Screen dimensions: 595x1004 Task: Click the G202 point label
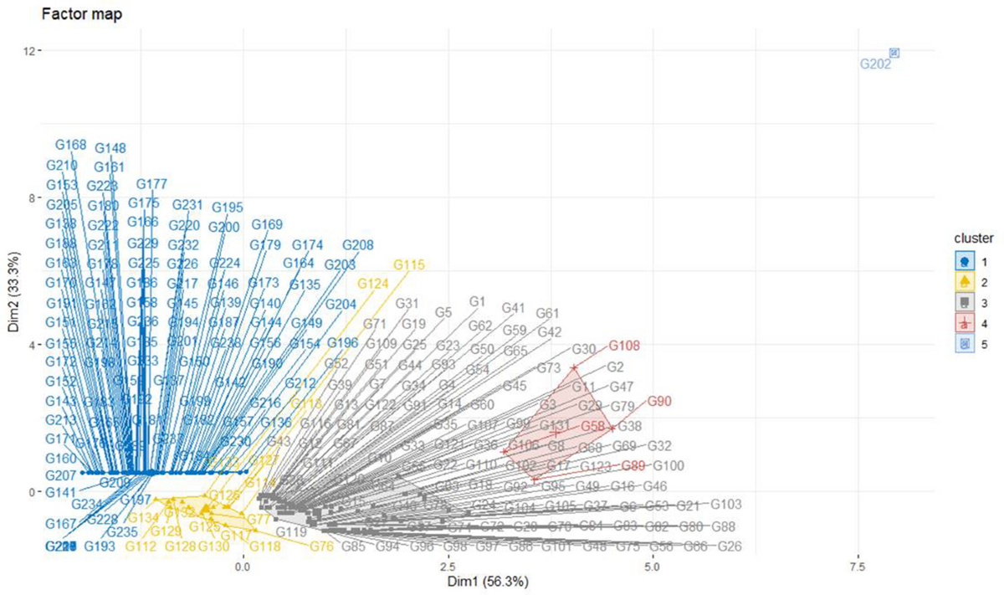click(x=875, y=64)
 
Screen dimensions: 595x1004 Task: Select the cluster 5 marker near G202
click(x=894, y=53)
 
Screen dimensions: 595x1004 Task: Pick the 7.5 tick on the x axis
click(x=858, y=567)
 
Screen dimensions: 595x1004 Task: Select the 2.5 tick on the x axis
click(x=448, y=567)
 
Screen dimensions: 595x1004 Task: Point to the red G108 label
click(x=624, y=344)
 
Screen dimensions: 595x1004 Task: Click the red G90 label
click(x=660, y=403)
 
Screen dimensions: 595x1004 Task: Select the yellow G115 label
click(x=409, y=264)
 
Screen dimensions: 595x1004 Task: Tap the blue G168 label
click(x=71, y=145)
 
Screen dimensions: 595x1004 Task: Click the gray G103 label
click(x=726, y=504)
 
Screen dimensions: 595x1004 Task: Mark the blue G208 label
click(x=358, y=245)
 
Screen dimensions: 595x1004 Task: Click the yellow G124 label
click(x=372, y=284)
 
